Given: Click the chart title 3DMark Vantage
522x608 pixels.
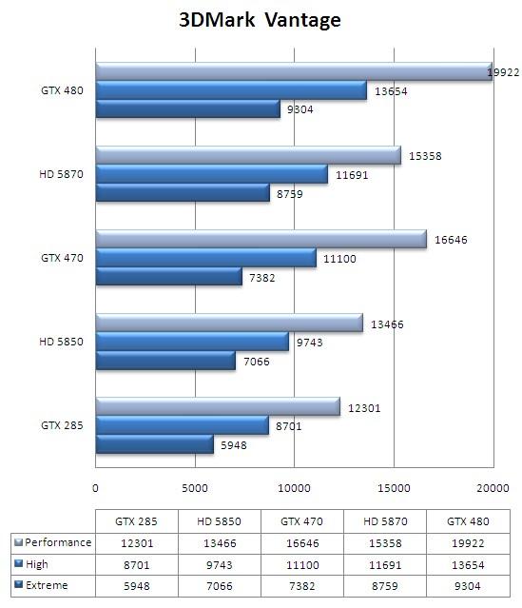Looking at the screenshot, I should pyautogui.click(x=260, y=20).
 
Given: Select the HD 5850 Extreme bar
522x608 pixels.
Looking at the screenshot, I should pyautogui.click(x=165, y=361).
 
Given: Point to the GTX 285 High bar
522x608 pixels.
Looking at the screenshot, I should pyautogui.click(x=182, y=425).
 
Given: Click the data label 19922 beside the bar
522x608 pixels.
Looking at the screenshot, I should pyautogui.click(x=504, y=72).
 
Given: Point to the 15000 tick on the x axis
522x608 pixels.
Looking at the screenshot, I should pyautogui.click(x=394, y=488).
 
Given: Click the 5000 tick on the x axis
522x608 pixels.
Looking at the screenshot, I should pyautogui.click(x=195, y=488).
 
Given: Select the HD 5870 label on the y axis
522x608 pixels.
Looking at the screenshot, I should pyautogui.click(x=59, y=175).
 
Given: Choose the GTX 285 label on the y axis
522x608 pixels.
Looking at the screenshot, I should pyautogui.click(x=59, y=425).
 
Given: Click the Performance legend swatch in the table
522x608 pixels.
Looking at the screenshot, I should pyautogui.click(x=18, y=542).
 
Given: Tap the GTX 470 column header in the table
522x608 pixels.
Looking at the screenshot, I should pyautogui.click(x=294, y=520).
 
